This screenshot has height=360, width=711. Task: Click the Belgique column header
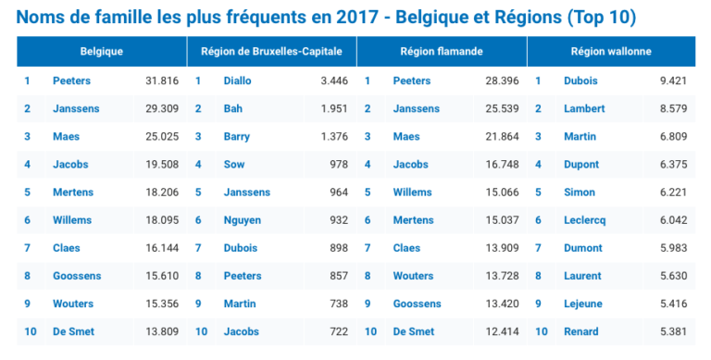coord(102,52)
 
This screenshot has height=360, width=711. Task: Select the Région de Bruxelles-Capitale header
coord(271,52)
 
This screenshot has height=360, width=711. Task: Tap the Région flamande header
coord(442,52)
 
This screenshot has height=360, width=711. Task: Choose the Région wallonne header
coord(611,52)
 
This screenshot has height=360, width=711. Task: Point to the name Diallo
coord(238,81)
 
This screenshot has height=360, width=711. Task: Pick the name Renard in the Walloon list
coord(581,331)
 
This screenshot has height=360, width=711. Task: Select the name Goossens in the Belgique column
coord(77,276)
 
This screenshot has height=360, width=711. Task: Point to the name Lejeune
coord(583,304)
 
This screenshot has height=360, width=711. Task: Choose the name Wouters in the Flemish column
coord(414,276)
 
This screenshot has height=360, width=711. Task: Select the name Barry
coord(237,137)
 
